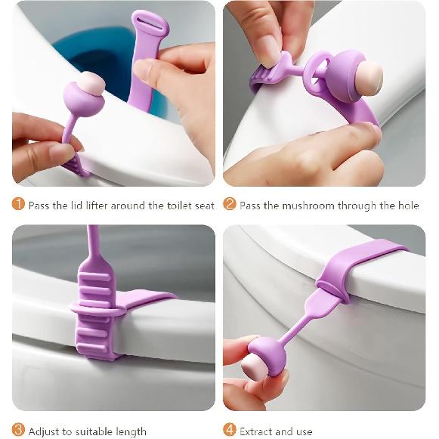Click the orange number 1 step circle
click(19, 205)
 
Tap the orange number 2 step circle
click(230, 205)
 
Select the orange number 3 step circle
click(19, 431)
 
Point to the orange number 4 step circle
click(230, 431)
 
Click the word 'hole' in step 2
click(406, 206)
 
